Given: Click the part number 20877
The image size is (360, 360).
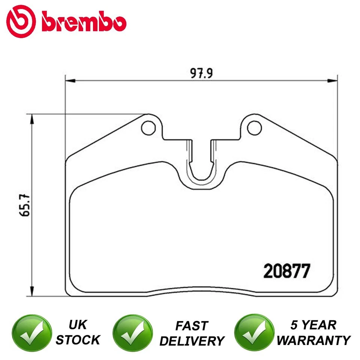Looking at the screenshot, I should (x=287, y=271).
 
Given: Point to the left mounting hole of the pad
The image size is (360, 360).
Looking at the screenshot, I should (x=148, y=128).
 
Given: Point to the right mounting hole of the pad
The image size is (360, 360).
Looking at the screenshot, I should (x=255, y=128).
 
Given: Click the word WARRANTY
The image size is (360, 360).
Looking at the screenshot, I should (x=315, y=340).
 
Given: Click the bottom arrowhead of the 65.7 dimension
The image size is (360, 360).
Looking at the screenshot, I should (x=33, y=292).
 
